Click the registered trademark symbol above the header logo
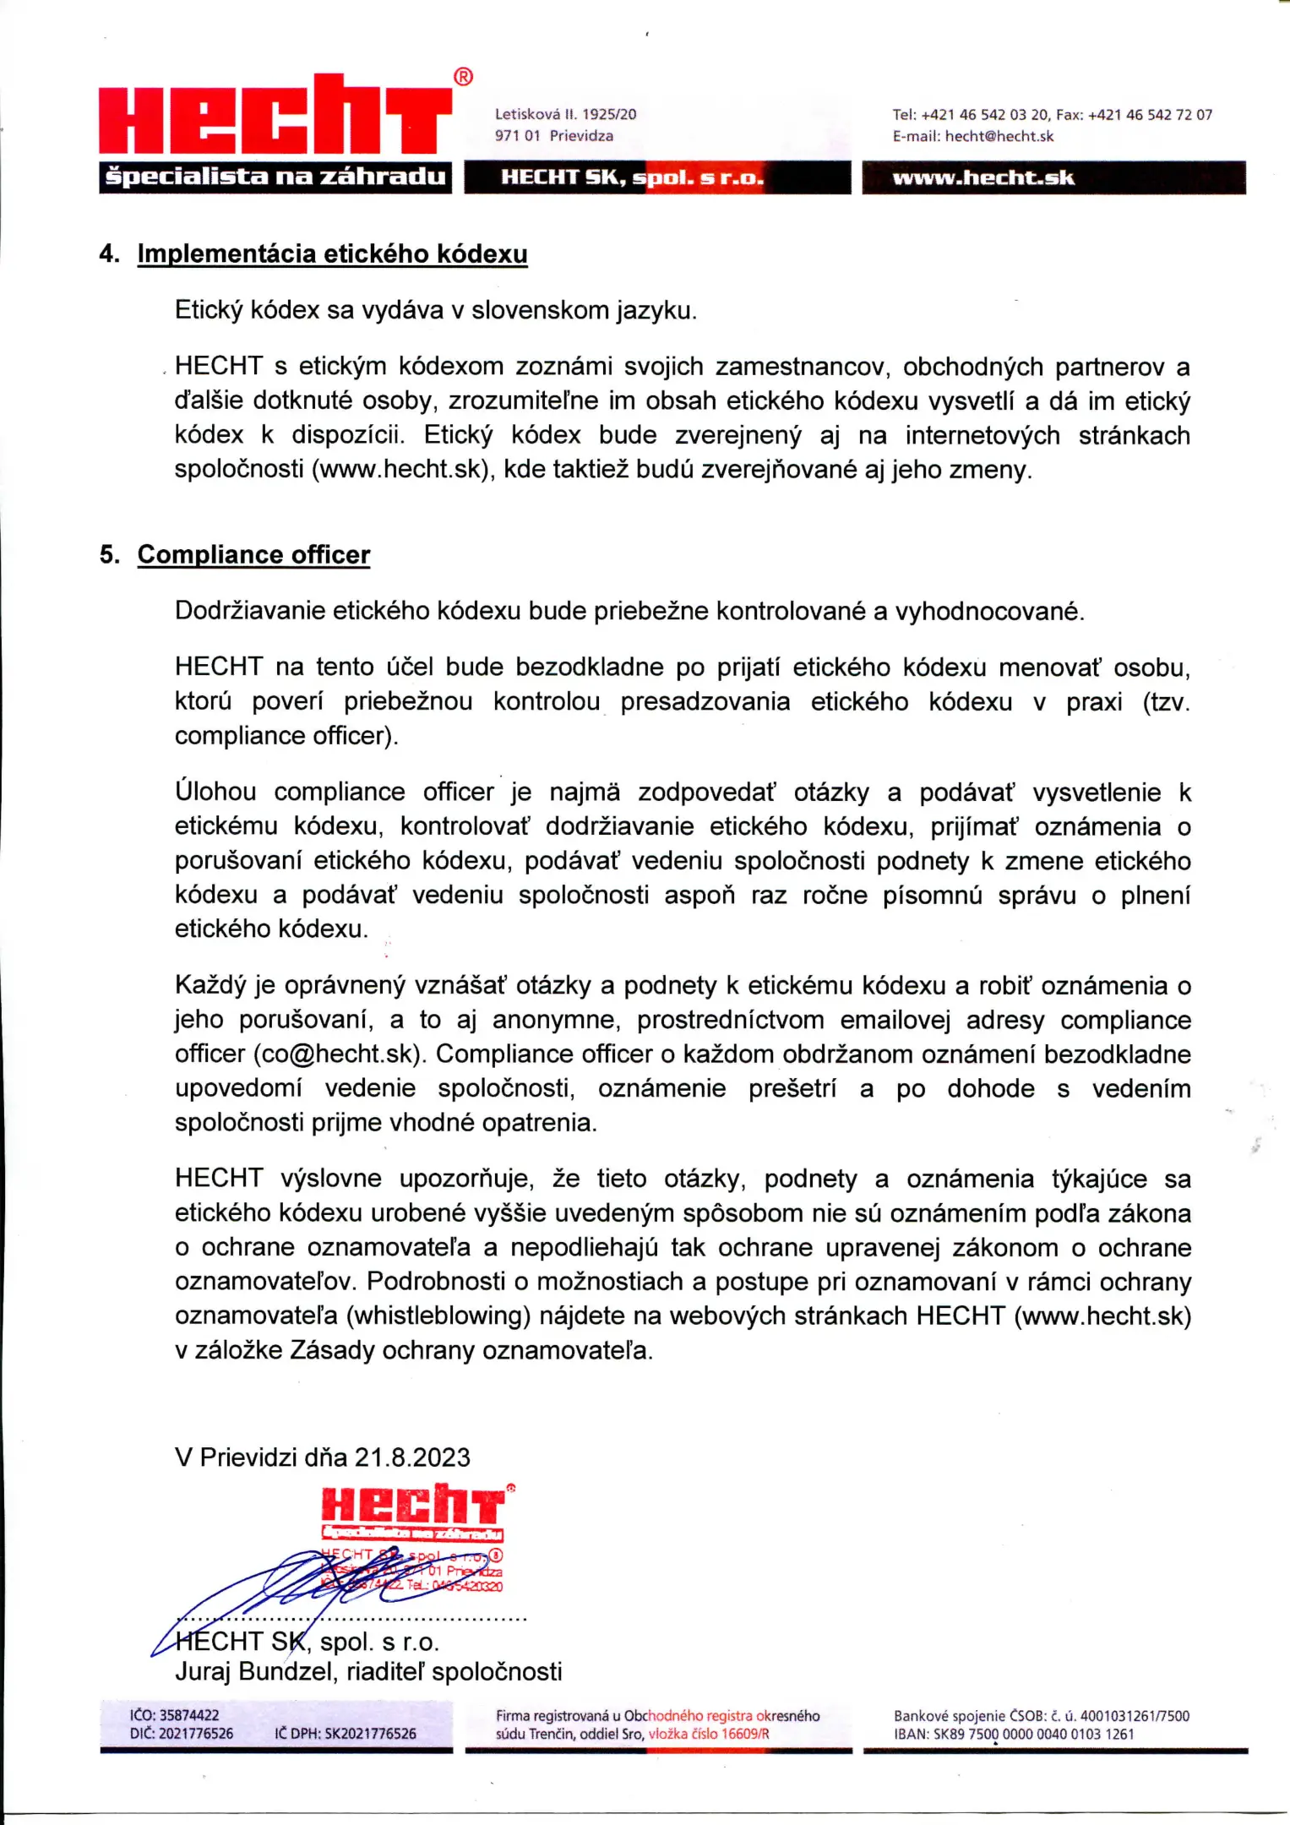coord(464,78)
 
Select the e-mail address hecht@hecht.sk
coord(999,137)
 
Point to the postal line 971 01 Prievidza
coord(554,136)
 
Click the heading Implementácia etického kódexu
coord(332,254)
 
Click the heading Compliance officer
coord(253,555)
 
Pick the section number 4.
coord(109,254)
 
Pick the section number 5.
coord(109,555)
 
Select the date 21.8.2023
coord(412,1457)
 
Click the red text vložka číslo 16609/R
coord(709,1735)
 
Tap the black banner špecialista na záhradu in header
coord(275,177)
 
